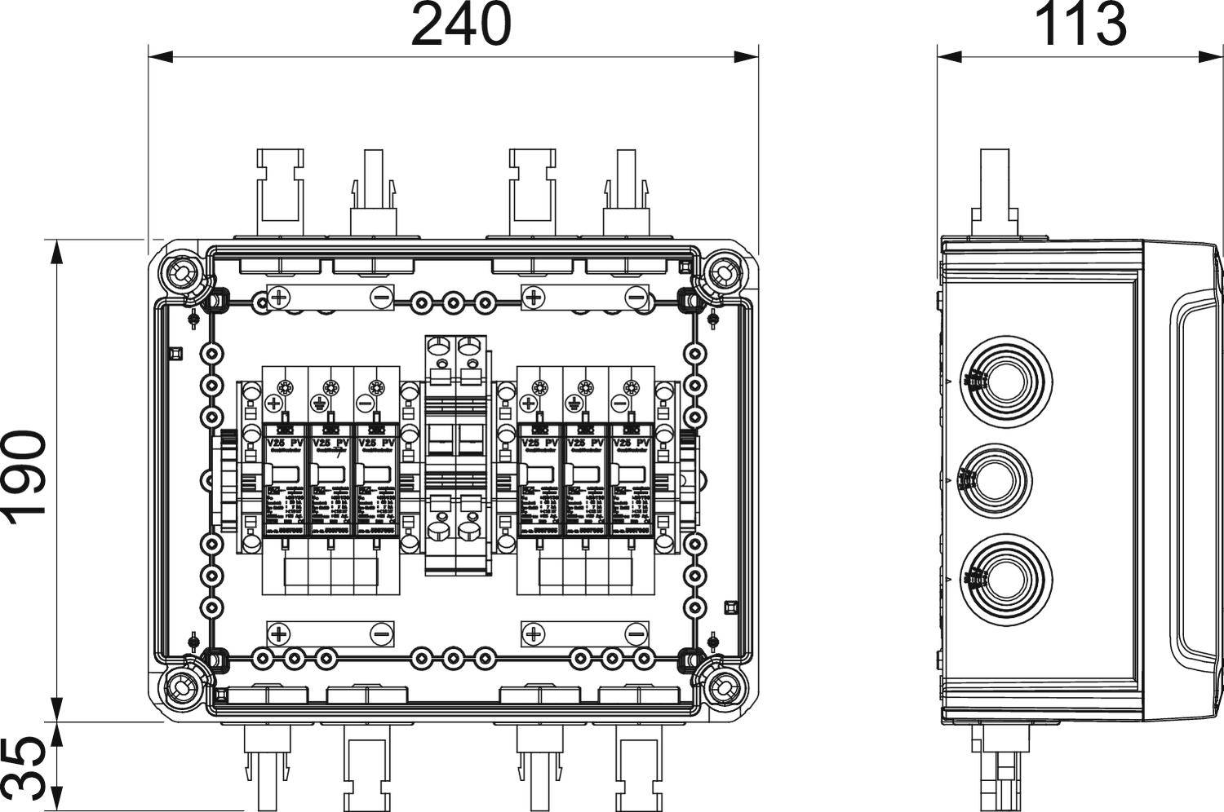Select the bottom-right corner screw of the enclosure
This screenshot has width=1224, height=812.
pyautogui.click(x=720, y=689)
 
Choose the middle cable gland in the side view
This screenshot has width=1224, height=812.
pyautogui.click(x=995, y=478)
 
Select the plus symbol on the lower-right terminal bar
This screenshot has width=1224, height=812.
pyautogui.click(x=533, y=633)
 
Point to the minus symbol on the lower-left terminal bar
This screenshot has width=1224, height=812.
pyautogui.click(x=381, y=633)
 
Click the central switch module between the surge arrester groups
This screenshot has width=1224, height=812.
pyautogui.click(x=457, y=457)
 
